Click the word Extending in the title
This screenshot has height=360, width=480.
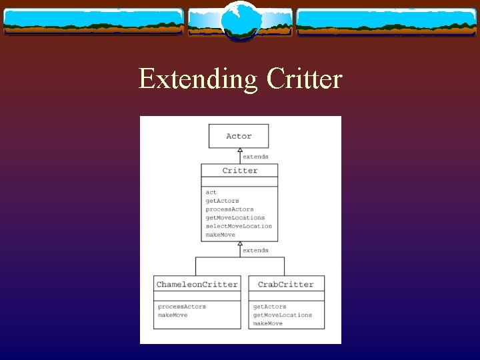pos(198,79)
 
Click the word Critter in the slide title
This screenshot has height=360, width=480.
pos(304,79)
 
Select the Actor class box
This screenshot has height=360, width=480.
pos(239,136)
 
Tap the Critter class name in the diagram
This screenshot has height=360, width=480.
pos(239,171)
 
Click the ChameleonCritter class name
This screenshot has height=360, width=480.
pos(197,285)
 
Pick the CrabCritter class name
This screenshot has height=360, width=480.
pos(285,285)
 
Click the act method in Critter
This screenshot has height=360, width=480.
pos(211,192)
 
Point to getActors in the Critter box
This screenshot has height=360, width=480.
pos(222,201)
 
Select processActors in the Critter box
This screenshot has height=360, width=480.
pos(229,209)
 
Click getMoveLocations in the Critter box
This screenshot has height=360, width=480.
pos(235,218)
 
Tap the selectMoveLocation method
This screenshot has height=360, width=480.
pos(239,227)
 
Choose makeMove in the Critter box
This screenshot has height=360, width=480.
pos(220,235)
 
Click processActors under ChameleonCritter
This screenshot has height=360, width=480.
pos(182,307)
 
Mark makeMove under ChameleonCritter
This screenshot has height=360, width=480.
pos(173,315)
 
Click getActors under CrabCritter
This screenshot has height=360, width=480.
pos(269,307)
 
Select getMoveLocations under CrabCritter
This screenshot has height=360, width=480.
pos(282,315)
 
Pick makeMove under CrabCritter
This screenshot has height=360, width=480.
pos(267,324)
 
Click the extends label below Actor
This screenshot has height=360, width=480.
pos(255,157)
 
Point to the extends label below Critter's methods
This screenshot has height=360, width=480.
pos(255,251)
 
